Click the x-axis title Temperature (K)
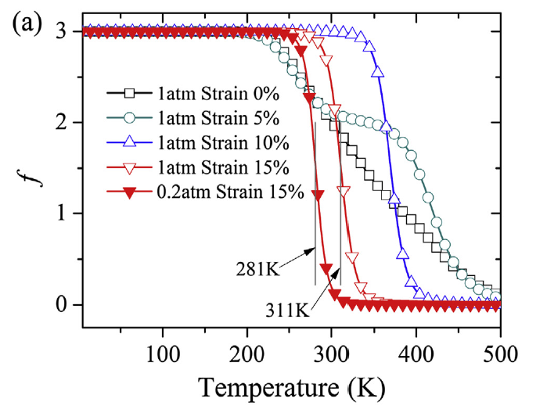[290, 386]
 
